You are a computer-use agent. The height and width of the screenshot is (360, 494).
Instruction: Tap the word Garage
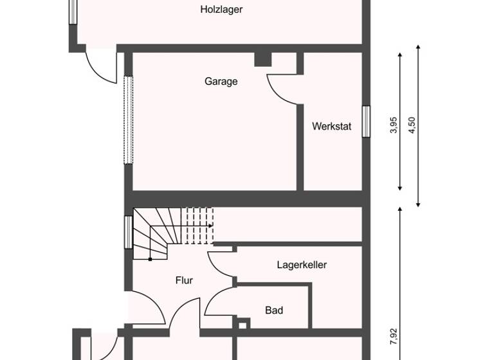pos(221,82)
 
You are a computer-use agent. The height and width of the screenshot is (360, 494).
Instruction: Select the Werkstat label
pos(332,127)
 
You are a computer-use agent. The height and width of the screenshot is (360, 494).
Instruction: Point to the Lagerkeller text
pos(302,264)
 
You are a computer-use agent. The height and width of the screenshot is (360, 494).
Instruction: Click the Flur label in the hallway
pos(184,280)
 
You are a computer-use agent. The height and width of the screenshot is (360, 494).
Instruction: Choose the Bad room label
pos(275,310)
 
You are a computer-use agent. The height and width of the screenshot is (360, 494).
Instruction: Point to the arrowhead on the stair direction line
pos(212,226)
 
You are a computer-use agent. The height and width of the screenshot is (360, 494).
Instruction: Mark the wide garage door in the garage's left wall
pos(128,120)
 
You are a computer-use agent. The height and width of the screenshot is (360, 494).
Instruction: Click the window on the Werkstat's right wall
pos(366,122)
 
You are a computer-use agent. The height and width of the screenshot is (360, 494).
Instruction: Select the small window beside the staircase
pos(128,231)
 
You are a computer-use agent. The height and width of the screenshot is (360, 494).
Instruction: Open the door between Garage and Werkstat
pos(283,87)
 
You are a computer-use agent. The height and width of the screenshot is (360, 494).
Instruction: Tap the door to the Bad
pos(219,302)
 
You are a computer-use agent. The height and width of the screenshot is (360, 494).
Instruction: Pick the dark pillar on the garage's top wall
pos(262,59)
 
